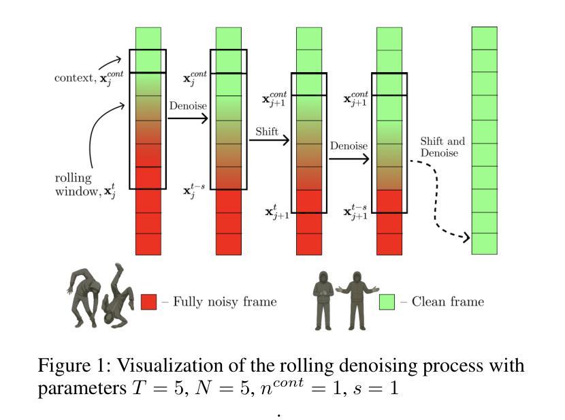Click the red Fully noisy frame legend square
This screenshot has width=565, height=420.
click(x=148, y=301)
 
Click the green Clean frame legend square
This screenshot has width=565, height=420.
click(x=387, y=301)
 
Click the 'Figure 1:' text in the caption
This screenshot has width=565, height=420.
click(x=69, y=366)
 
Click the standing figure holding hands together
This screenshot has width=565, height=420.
click(x=324, y=300)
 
